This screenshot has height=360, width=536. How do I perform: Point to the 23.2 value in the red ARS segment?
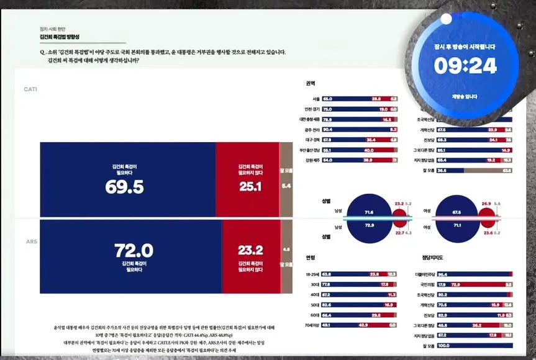tap(250, 251)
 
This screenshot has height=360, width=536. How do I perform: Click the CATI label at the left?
tap(30, 89)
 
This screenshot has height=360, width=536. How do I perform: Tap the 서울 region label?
tap(316, 99)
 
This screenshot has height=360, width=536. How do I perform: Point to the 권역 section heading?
tap(311, 83)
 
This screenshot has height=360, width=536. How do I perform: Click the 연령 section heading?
tap(311, 257)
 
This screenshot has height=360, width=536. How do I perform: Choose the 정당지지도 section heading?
tap(434, 257)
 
